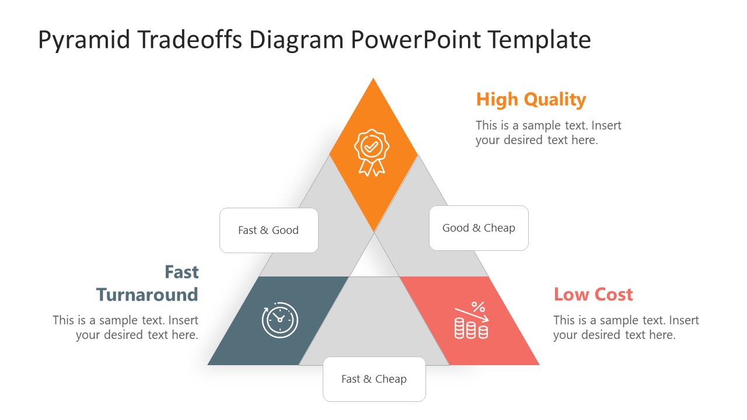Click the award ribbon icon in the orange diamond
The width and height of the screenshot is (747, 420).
coord(371,152)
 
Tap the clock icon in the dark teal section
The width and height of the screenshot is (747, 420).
coord(280,320)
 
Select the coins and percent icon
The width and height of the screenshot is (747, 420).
coord(471,320)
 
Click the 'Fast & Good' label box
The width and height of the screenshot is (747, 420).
coord(268,230)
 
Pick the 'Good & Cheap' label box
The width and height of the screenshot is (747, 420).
coord(479,228)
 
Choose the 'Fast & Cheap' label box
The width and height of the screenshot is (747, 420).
coord(374,379)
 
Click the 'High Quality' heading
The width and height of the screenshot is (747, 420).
coord(530,100)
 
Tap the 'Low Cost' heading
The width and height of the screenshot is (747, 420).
coord(593,295)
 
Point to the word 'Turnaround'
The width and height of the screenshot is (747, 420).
coord(147,295)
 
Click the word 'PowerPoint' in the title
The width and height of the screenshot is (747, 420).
coord(416,40)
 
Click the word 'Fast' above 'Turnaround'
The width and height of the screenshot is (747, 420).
coord(181,272)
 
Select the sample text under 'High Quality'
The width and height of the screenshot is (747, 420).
coord(548,133)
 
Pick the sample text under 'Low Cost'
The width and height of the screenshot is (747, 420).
coord(626,327)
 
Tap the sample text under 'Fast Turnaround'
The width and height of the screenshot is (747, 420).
coord(125,327)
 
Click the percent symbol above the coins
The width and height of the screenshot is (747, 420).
coord(478,307)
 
